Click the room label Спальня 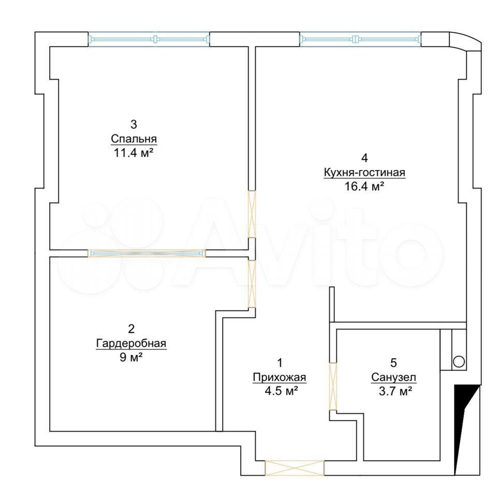(134, 139)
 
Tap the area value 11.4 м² (134, 153)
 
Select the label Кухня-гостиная (364, 173)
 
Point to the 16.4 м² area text (364, 186)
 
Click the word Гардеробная (131, 343)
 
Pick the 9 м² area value (131, 357)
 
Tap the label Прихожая (279, 378)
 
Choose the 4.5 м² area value (280, 391)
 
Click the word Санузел (394, 378)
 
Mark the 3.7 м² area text (395, 391)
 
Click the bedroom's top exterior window (149, 39)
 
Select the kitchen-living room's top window (360, 39)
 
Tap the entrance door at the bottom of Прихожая (294, 468)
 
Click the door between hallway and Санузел (333, 386)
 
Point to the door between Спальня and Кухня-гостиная (252, 214)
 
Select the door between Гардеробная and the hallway (252, 284)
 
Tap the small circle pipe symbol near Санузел (459, 362)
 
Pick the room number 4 (364, 158)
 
